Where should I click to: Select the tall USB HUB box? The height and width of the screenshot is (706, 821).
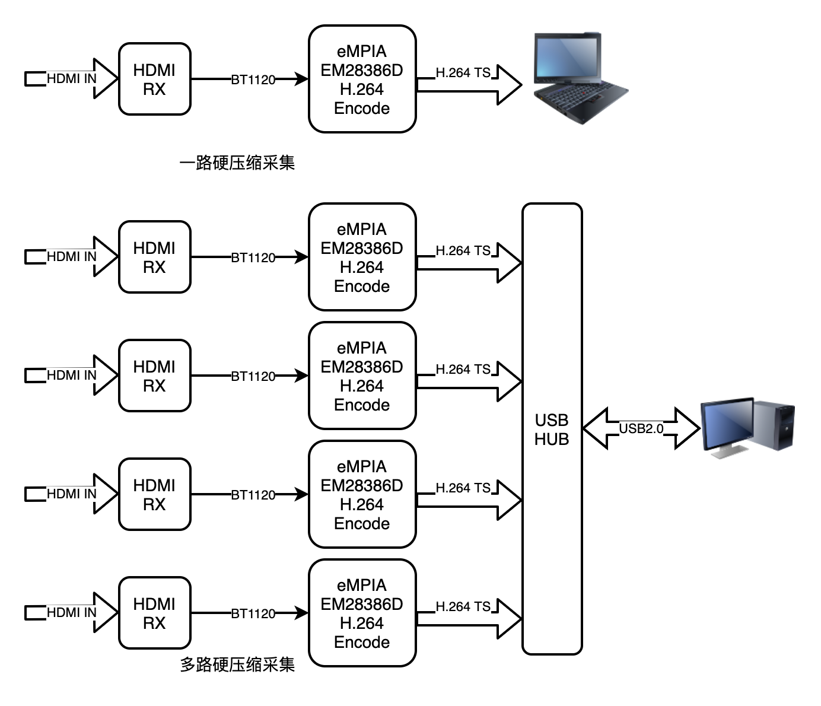tap(552, 429)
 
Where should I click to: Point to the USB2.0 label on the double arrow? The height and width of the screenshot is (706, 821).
tap(641, 428)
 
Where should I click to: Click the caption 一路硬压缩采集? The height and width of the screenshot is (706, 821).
tap(237, 163)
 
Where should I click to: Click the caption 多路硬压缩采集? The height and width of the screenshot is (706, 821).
tap(237, 664)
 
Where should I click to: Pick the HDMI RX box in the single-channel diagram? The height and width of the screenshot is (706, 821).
tap(154, 79)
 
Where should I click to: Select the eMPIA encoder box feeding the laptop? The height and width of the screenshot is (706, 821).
tap(362, 79)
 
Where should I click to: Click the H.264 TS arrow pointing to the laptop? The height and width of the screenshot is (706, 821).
tap(469, 84)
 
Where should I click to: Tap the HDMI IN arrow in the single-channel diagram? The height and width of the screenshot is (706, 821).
tap(71, 78)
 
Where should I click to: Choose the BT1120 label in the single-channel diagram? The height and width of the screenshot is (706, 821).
tap(253, 79)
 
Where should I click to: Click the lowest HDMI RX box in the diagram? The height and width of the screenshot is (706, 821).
tap(154, 613)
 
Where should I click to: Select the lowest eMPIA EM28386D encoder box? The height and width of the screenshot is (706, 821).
tap(362, 613)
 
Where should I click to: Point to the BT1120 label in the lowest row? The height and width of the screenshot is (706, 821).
tap(253, 613)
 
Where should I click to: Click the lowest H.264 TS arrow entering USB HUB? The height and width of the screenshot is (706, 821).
tap(469, 618)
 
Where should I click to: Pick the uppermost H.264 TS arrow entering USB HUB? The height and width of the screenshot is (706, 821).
tap(469, 262)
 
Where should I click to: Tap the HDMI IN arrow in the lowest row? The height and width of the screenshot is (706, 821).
tap(71, 612)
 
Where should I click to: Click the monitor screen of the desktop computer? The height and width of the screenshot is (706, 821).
tap(726, 425)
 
